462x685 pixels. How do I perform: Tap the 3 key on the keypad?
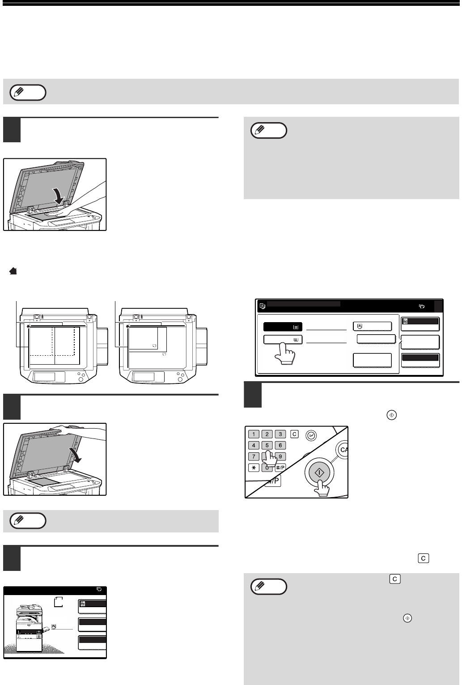point(280,434)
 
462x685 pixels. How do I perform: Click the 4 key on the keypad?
point(254,446)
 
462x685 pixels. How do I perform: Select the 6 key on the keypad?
point(280,446)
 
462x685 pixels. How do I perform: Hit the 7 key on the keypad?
point(254,457)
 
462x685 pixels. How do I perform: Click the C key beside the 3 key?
point(294,434)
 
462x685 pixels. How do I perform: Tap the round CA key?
point(343,450)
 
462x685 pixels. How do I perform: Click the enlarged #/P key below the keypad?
point(273,481)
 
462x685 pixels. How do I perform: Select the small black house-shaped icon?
point(13,271)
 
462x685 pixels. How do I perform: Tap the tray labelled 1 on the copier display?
point(29,632)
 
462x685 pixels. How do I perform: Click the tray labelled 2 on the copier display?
point(29,636)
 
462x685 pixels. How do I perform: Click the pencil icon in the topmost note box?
point(19,91)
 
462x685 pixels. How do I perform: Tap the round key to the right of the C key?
point(311,436)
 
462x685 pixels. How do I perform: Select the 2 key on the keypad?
point(267,434)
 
